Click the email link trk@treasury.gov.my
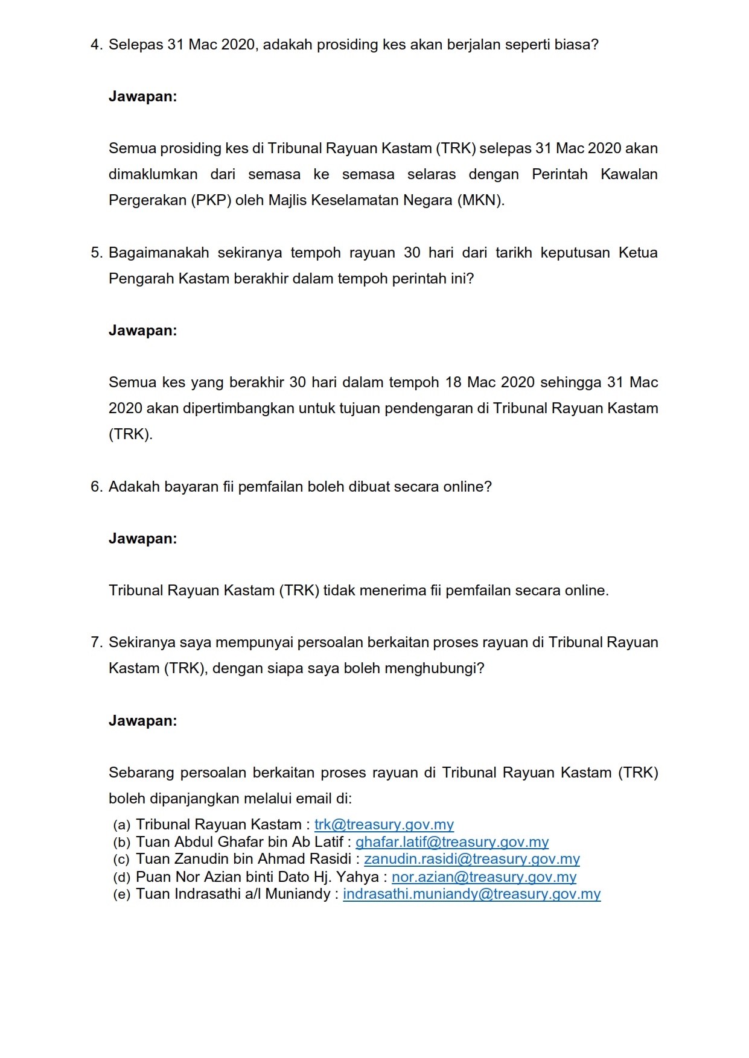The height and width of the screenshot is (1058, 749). click(384, 825)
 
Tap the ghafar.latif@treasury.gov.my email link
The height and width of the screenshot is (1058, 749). click(451, 842)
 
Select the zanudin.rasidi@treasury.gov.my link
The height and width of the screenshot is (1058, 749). click(471, 859)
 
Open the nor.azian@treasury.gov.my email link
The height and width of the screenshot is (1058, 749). click(483, 877)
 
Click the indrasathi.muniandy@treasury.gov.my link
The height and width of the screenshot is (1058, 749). click(471, 894)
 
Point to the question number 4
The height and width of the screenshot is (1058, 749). click(96, 45)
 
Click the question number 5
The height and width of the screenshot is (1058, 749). click(96, 253)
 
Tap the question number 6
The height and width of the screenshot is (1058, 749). click(96, 487)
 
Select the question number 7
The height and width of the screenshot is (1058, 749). click(96, 643)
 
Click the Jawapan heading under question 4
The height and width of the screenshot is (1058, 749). click(142, 97)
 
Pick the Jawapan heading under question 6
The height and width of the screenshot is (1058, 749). click(142, 539)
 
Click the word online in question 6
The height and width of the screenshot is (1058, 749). click(465, 487)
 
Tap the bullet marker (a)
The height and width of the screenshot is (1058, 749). click(122, 825)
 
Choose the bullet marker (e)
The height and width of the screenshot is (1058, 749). click(122, 895)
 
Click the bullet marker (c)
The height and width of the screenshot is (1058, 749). click(122, 860)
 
